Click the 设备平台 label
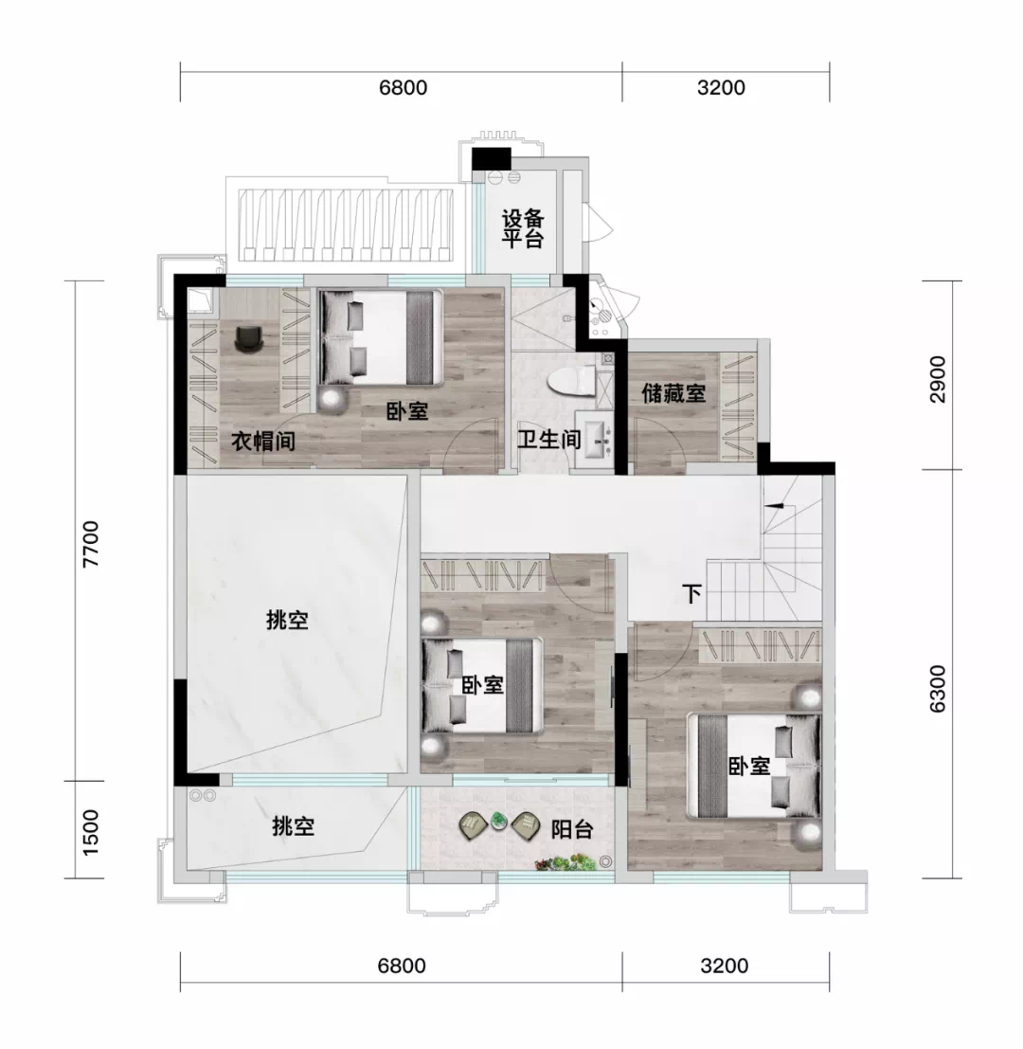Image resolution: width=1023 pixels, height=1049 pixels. click(523, 228)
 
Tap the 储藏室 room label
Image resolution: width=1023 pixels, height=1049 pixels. click(673, 392)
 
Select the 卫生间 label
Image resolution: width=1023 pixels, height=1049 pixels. click(549, 440)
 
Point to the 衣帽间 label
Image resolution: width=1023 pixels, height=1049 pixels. click(262, 441)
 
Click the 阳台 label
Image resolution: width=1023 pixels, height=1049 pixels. click(572, 829)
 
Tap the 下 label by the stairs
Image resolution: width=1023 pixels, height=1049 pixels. click(692, 593)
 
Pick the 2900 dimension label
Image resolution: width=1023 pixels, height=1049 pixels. click(938, 379)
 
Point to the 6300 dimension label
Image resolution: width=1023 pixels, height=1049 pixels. click(938, 688)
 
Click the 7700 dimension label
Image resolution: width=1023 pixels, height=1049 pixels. click(90, 544)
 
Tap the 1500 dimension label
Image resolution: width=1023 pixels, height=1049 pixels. click(90, 832)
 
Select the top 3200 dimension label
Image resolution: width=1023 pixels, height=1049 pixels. click(721, 87)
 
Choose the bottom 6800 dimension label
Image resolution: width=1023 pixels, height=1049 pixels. click(402, 966)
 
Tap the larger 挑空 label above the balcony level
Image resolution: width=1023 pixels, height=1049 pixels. click(288, 620)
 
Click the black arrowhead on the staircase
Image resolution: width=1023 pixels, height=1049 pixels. click(774, 505)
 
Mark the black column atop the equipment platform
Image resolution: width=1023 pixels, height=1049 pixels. click(491, 158)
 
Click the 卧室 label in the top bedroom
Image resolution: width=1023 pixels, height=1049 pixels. click(407, 410)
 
